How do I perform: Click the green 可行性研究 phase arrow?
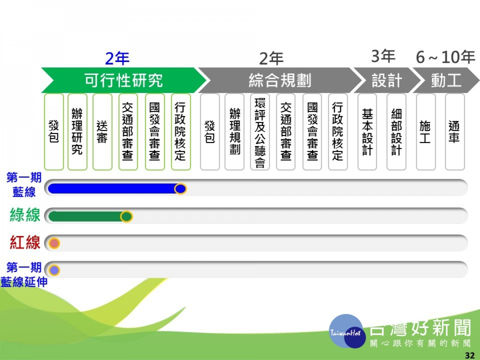click(x=124, y=80)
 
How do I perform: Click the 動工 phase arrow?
click(x=446, y=80)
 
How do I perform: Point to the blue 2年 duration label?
click(x=118, y=58)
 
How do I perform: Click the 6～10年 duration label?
click(x=446, y=57)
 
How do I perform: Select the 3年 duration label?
click(x=383, y=56)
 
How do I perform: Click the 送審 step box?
click(x=102, y=132)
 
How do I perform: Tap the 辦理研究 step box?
click(x=78, y=132)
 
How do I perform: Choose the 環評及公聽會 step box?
click(x=260, y=132)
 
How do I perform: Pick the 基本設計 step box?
click(x=367, y=132)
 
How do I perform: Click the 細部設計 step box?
click(x=396, y=132)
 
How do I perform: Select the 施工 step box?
click(x=426, y=132)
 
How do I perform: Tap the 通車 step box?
click(x=455, y=132)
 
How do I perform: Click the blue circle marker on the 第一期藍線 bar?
click(x=180, y=189)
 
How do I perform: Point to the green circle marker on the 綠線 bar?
click(x=126, y=216)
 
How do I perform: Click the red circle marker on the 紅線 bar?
click(x=54, y=243)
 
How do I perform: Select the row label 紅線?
click(x=25, y=242)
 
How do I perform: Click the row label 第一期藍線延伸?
click(x=24, y=274)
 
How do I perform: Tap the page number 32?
click(x=470, y=356)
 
